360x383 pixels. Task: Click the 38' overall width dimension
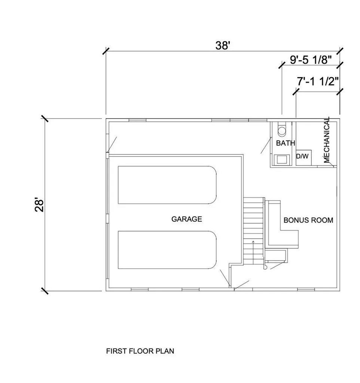click(223, 46)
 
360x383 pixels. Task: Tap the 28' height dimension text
click(39, 205)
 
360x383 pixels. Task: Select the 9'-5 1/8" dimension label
click(311, 60)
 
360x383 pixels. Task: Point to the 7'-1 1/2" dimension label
click(318, 81)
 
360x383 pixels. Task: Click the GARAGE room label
click(187, 219)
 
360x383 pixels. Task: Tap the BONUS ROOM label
click(308, 220)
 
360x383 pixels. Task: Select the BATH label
click(286, 143)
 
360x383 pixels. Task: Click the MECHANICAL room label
click(327, 140)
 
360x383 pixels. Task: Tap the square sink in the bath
click(282, 159)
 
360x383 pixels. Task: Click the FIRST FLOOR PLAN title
click(140, 351)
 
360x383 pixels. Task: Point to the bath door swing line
click(266, 145)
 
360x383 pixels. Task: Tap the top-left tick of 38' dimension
click(106, 51)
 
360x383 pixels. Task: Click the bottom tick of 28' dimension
click(45, 291)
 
